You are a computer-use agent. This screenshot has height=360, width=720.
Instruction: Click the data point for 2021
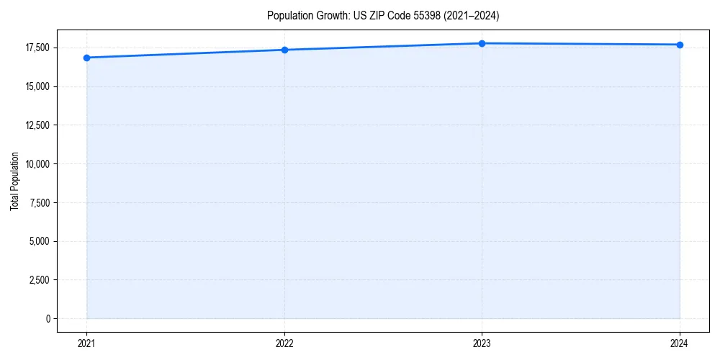[86, 58]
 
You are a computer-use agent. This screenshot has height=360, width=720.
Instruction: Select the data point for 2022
[284, 50]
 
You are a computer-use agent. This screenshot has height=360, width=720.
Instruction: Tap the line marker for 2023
[482, 43]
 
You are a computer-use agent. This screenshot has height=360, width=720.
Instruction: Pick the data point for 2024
[680, 45]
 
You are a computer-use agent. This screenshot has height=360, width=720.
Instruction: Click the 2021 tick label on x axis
[86, 343]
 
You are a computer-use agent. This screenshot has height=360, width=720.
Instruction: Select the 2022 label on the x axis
[284, 343]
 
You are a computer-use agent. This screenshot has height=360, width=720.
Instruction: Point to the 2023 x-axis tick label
[482, 343]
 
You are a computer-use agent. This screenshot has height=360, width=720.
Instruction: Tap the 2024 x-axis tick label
[680, 343]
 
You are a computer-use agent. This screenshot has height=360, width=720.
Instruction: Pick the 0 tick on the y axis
[48, 318]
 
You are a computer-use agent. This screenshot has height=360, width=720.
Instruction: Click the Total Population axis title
[14, 181]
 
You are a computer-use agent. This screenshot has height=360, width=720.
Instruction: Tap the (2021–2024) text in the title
[467, 15]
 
